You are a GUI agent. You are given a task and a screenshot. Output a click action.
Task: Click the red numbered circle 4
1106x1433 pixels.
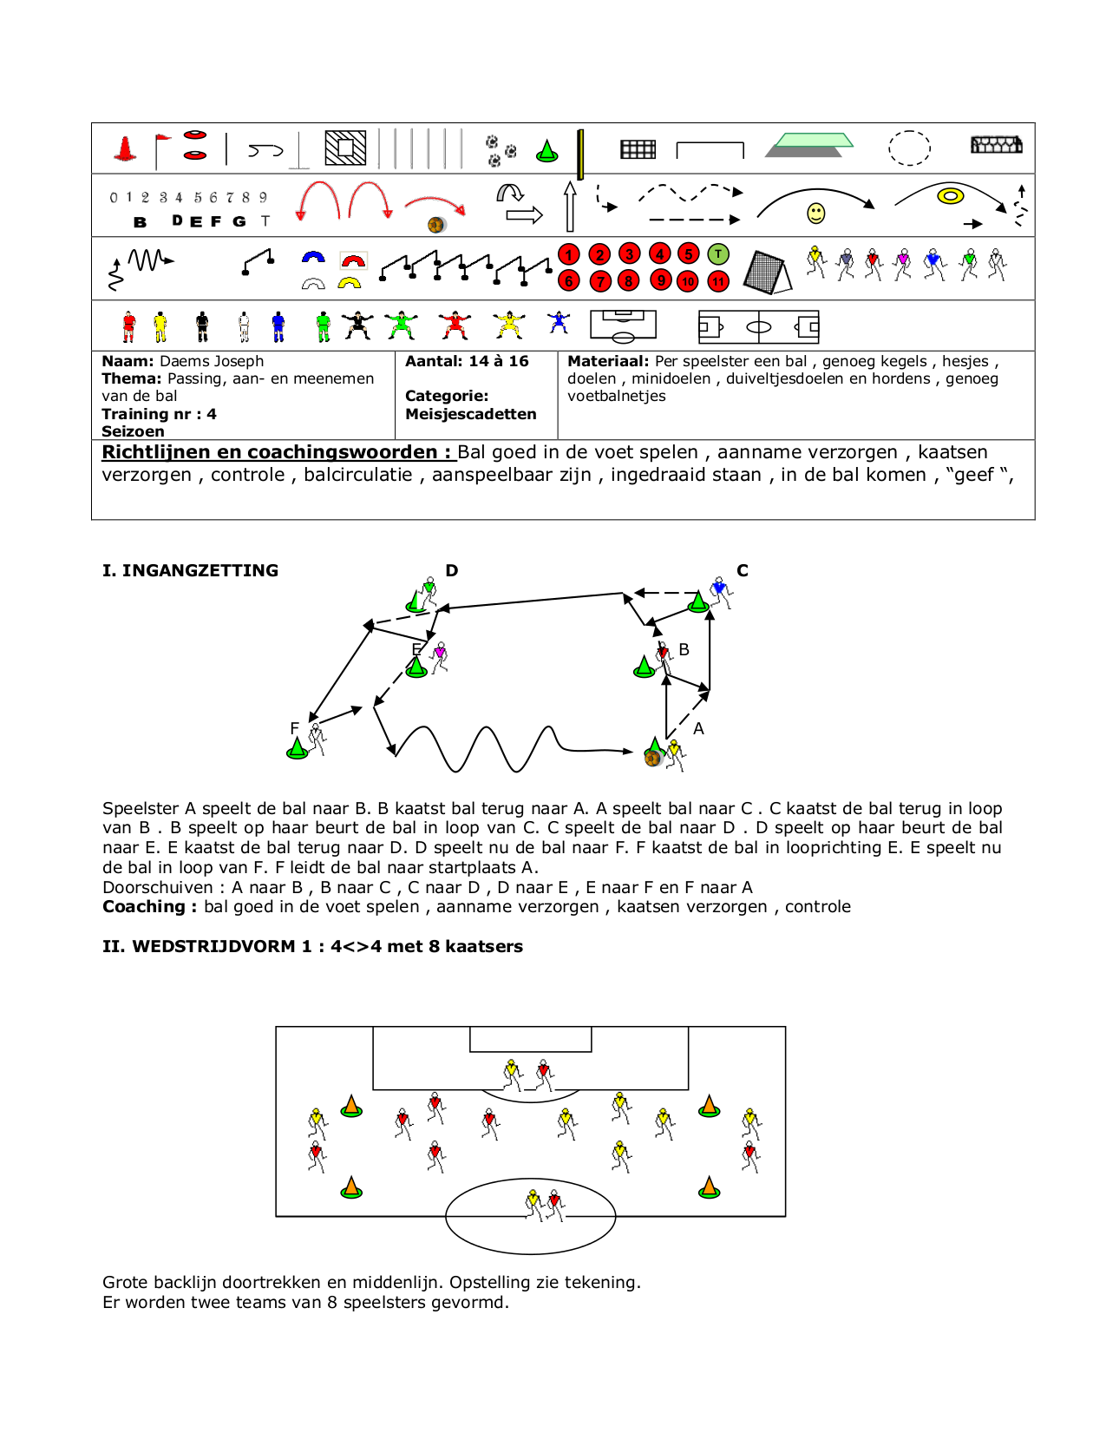coord(659,254)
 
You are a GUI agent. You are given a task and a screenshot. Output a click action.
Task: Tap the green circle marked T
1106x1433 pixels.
coord(718,254)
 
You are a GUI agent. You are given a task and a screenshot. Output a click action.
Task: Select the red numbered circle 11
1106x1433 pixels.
coord(718,281)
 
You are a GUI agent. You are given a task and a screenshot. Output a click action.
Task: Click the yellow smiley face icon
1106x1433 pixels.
coord(816,213)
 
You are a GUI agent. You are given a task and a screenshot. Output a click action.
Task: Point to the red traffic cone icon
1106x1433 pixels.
coord(126,149)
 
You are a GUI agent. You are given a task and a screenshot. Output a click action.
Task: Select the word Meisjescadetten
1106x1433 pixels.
coord(471,414)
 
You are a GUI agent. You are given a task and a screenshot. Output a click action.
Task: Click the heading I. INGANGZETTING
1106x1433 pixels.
coord(190,570)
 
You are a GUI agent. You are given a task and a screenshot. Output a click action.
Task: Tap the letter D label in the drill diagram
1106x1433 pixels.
coord(452,570)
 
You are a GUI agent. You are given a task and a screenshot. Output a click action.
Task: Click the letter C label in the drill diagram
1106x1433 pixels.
coord(743,570)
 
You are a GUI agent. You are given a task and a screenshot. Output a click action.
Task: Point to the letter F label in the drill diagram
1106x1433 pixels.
coord(295,728)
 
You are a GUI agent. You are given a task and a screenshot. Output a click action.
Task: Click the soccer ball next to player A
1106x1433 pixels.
coord(652,759)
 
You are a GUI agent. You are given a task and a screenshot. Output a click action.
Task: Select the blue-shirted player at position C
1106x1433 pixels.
coord(720,592)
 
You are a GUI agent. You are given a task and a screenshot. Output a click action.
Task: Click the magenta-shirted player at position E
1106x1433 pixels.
coord(440,656)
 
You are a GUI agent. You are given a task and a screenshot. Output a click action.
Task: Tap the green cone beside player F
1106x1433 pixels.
coord(298,748)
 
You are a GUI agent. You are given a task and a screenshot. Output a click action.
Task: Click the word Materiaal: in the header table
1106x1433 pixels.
coord(608,361)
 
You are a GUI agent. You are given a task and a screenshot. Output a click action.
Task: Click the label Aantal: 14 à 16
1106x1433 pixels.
coord(467,361)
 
